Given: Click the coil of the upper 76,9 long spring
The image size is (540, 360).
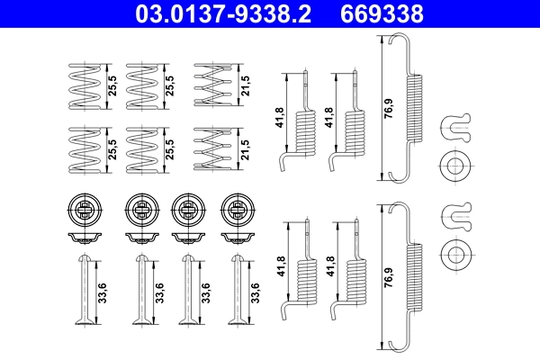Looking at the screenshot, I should tap(415, 108).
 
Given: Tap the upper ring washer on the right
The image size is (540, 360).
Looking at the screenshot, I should tap(454, 166).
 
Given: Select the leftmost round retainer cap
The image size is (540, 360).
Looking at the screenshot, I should tap(83, 211).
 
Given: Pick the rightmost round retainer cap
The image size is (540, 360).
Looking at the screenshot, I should tap(238, 211).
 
